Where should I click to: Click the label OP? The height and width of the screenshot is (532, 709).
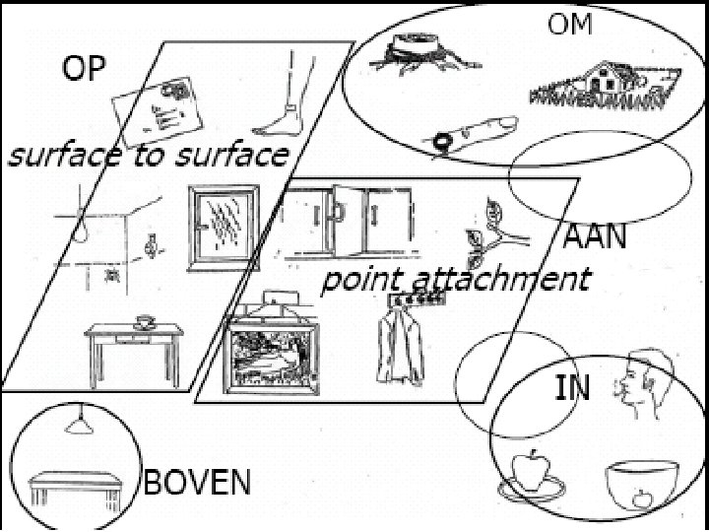(85, 69)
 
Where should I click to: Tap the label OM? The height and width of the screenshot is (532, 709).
(571, 25)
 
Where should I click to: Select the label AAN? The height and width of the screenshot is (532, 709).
(595, 237)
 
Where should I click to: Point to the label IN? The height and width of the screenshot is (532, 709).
(572, 387)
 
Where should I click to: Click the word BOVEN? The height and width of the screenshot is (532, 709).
(197, 483)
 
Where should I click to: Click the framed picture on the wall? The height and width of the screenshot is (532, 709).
(272, 356)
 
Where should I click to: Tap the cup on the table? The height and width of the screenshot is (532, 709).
(145, 321)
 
